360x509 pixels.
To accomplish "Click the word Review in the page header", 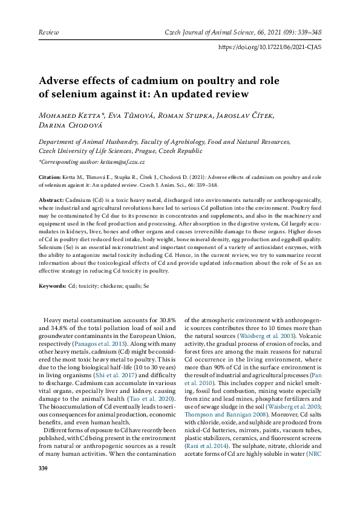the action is click(48, 31).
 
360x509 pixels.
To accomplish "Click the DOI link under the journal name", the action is click(269, 47).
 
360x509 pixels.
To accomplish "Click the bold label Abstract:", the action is click(52, 199).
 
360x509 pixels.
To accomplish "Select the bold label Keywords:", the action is click(53, 285).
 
